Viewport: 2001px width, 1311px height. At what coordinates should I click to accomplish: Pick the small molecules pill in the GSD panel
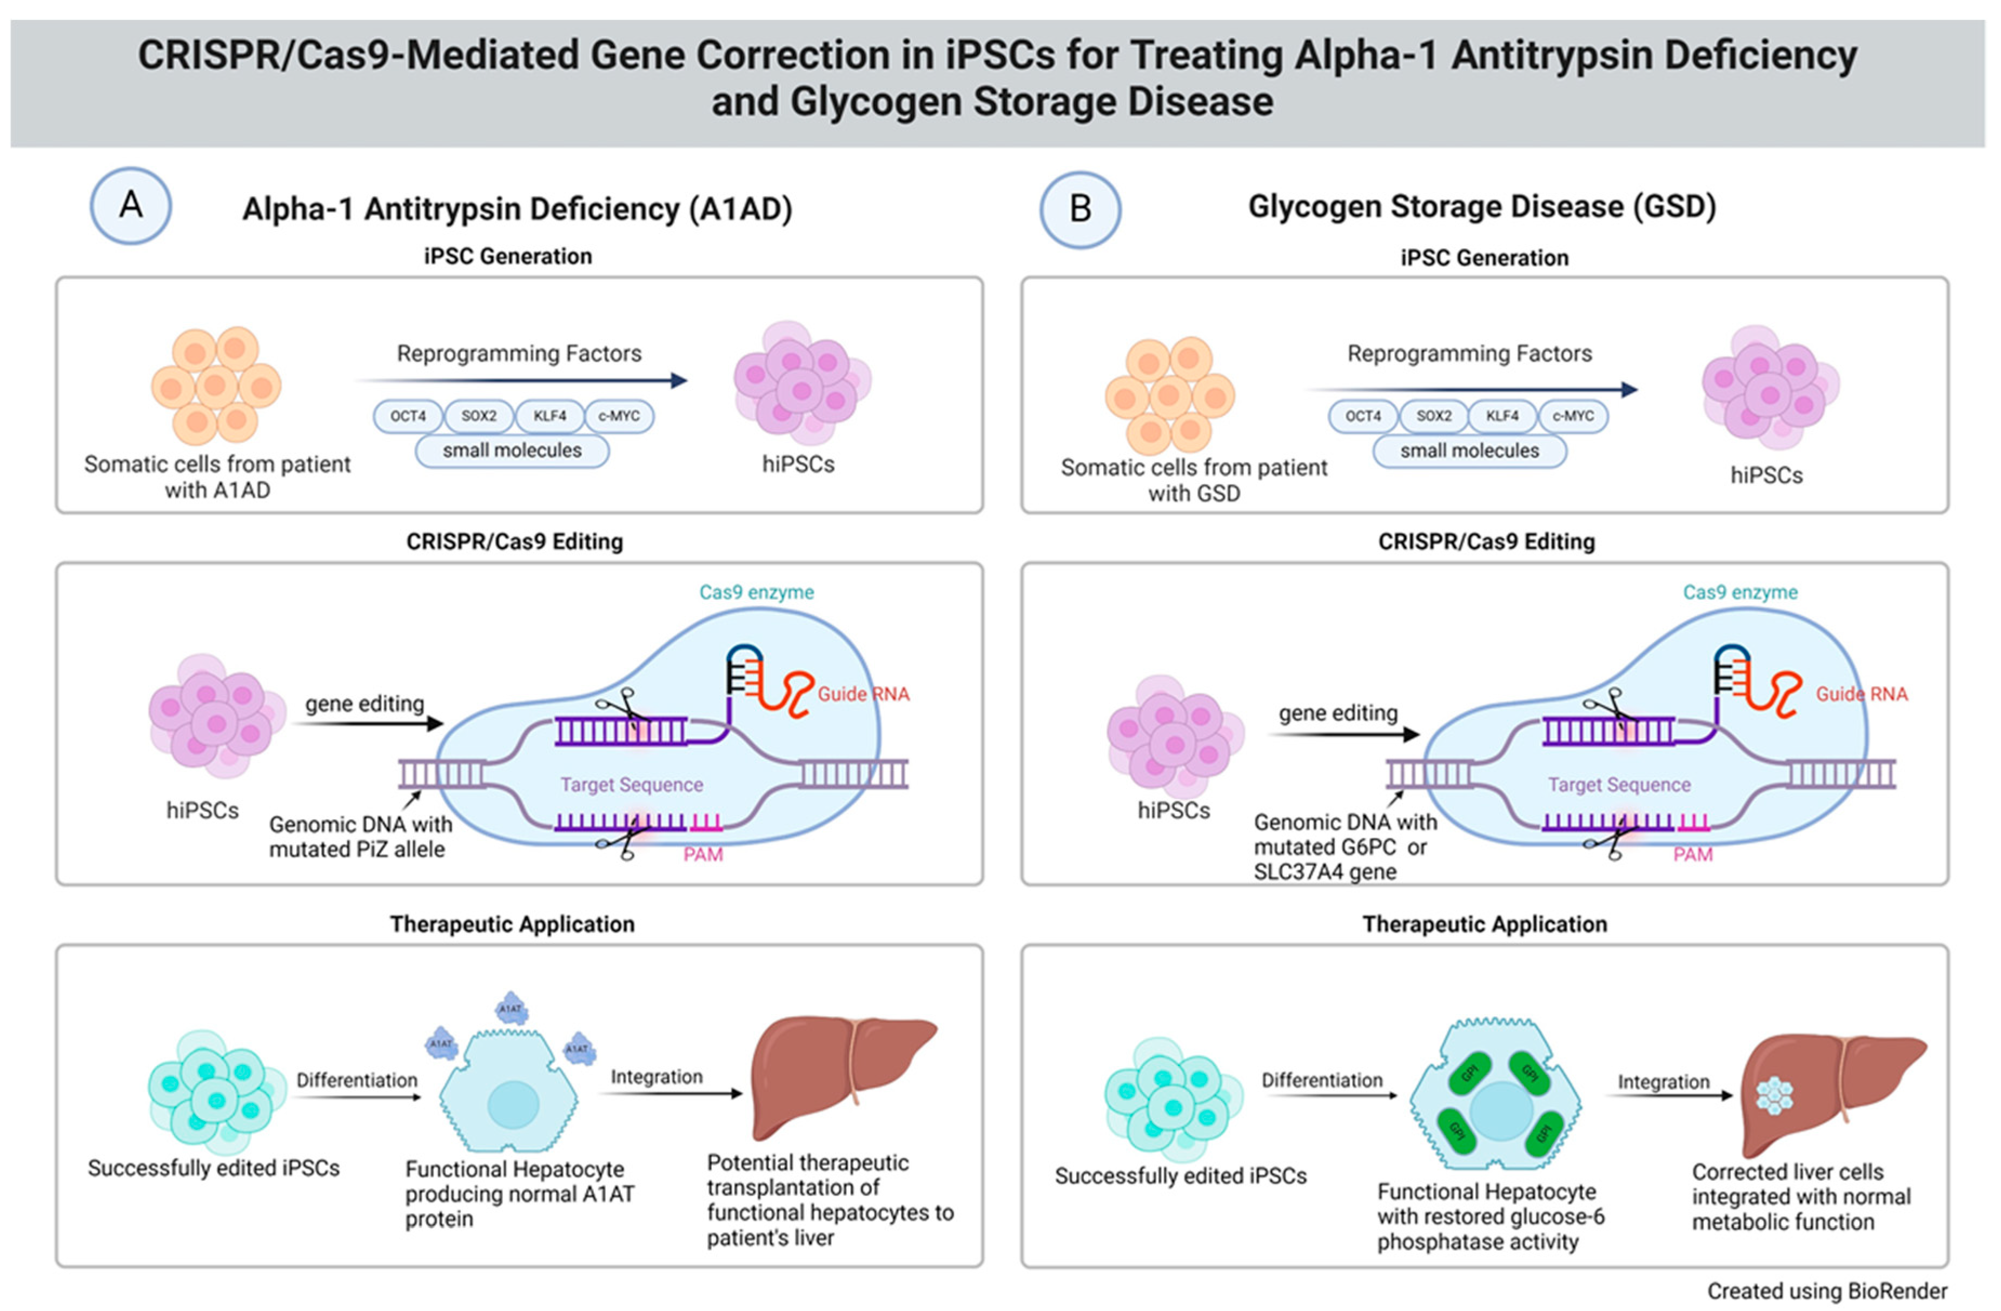1469,451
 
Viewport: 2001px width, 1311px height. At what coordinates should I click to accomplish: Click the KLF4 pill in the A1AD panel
550,415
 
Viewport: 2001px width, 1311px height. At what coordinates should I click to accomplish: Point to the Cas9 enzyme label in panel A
756,592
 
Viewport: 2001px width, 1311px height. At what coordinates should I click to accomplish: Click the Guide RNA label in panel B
1861,694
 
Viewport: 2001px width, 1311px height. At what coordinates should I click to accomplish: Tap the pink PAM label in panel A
703,855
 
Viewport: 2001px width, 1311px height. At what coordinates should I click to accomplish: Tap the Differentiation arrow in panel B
1328,1095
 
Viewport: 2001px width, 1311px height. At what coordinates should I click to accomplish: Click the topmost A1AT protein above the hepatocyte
511,1008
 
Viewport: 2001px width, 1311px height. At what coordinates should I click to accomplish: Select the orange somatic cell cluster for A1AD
216,385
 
